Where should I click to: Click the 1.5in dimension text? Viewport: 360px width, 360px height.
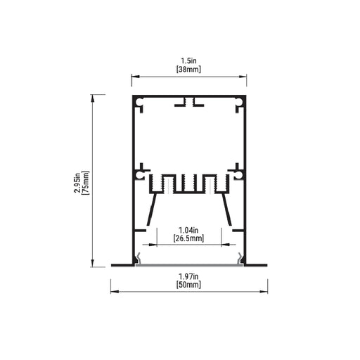coord(188,61)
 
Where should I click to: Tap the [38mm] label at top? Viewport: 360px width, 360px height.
coord(188,70)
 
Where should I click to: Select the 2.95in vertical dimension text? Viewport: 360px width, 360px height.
coord(77,183)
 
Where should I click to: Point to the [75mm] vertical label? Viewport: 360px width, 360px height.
coord(86,183)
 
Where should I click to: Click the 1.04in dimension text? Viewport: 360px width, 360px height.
coord(188,230)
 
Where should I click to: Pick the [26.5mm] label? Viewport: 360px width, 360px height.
coord(188,238)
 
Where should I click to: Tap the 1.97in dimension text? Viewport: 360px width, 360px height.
coord(188,276)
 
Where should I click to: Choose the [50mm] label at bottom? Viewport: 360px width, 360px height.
coord(188,285)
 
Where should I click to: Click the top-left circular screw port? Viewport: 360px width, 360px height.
coord(139,102)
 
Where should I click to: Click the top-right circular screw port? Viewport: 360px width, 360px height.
coord(239,102)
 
